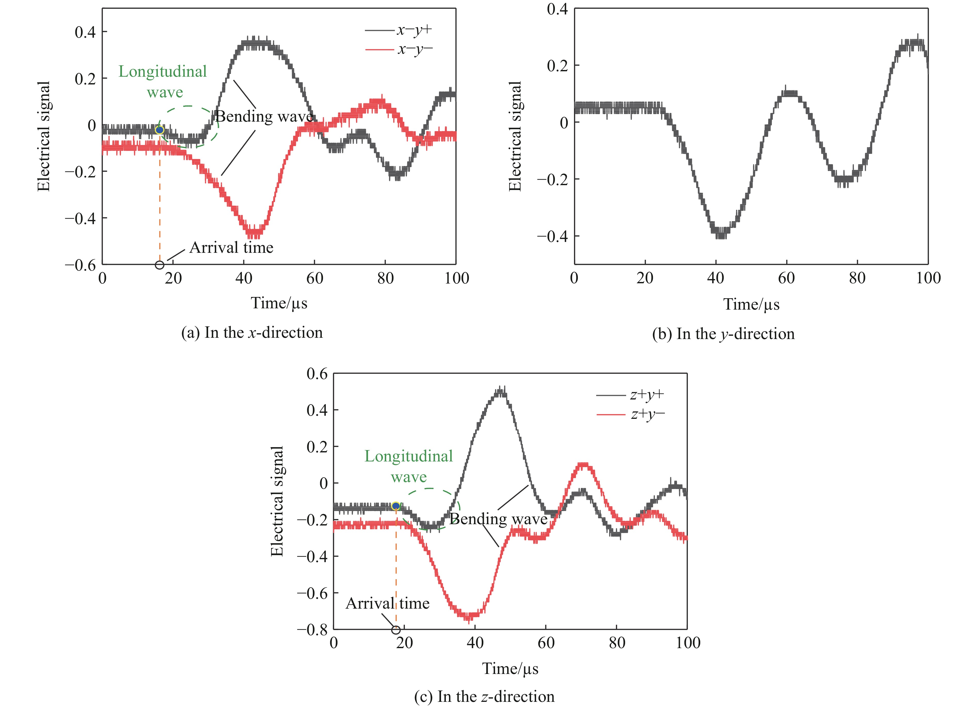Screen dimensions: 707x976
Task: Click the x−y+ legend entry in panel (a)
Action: [x=398, y=30]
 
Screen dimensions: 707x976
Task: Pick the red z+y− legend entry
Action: [x=631, y=414]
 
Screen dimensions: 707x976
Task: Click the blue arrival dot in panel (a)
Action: [x=160, y=130]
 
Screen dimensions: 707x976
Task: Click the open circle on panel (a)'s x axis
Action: [x=160, y=265]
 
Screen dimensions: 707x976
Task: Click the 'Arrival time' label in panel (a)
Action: [x=231, y=247]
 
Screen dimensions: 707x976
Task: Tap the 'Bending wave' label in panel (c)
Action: [x=498, y=519]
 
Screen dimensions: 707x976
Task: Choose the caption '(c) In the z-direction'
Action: [x=484, y=696]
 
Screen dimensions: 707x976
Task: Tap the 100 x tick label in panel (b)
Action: [x=928, y=278]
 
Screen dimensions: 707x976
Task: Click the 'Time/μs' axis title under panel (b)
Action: [x=751, y=304]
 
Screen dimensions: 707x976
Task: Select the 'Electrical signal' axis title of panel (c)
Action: [x=277, y=501]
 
